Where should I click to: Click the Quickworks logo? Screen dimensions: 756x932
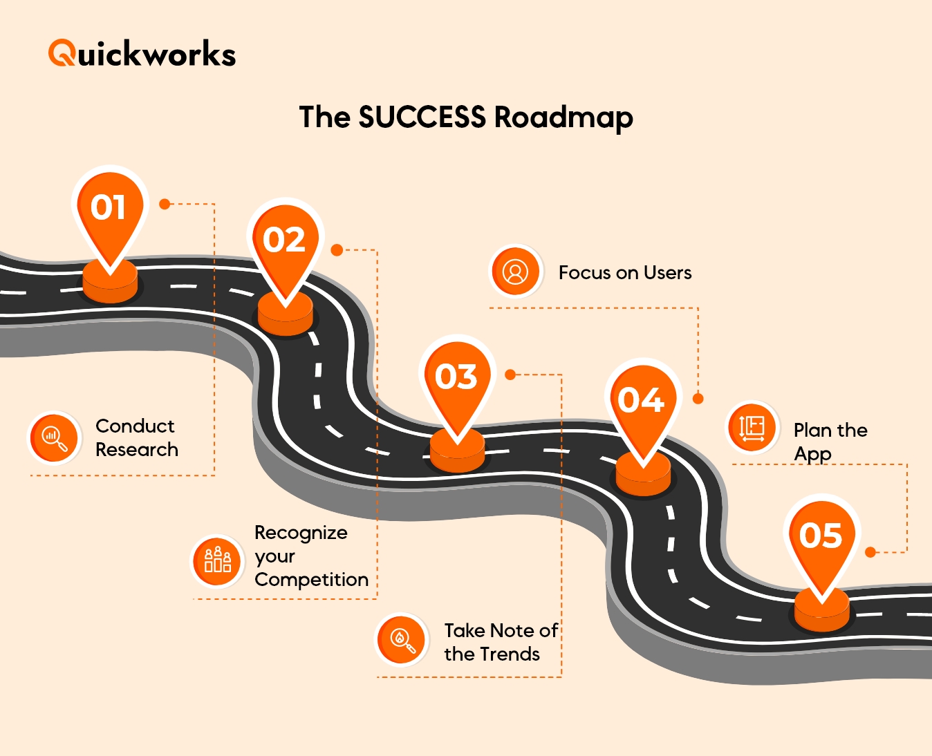[142, 54]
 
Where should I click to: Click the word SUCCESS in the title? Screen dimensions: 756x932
[422, 117]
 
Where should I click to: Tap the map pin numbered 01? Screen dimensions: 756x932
[109, 211]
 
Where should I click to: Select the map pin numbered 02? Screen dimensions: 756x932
[284, 243]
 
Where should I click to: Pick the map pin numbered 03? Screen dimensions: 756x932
[456, 379]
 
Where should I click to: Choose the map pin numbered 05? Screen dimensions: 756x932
[821, 538]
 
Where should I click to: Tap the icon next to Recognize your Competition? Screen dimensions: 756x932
[217, 560]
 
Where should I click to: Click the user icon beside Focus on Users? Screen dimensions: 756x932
[515, 272]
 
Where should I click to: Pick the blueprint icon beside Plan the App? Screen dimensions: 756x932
[752, 427]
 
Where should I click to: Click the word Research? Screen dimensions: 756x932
[137, 450]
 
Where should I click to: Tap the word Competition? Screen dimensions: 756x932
[311, 580]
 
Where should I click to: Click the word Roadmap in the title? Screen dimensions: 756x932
[563, 117]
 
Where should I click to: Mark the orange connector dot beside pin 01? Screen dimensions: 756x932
[165, 204]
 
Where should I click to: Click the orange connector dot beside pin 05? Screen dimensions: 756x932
[870, 552]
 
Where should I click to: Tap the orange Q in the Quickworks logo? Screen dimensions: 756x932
[62, 53]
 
